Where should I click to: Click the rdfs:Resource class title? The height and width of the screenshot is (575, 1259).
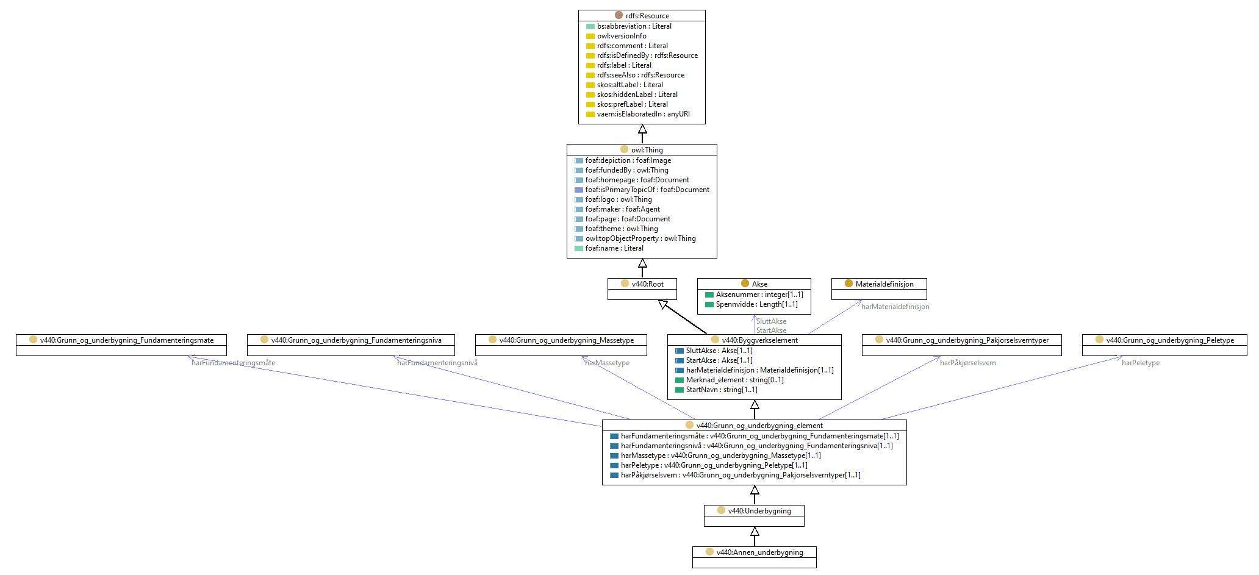647,16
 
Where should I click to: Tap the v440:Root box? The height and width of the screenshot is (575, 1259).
642,289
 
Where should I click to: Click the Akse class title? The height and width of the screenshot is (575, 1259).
759,284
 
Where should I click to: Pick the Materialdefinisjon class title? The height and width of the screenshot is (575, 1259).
884,284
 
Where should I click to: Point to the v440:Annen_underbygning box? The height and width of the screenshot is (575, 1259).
754,557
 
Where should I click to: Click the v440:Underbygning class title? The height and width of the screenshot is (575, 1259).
759,511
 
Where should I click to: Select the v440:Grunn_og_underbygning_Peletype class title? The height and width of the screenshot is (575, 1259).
1170,340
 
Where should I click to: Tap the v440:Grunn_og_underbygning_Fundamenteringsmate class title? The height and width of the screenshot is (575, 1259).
127,340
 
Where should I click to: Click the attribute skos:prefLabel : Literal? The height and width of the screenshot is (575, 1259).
632,104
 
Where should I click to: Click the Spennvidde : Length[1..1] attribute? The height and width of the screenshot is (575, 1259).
756,304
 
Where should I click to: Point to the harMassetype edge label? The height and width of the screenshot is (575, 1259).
607,363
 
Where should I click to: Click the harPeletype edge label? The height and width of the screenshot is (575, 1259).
1141,363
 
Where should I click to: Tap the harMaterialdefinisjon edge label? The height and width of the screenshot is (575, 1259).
895,307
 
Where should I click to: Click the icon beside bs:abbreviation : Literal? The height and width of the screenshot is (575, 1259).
590,26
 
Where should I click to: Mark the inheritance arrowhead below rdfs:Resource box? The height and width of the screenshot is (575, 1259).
642,129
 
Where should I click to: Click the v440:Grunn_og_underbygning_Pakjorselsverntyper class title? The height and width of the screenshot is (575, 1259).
967,340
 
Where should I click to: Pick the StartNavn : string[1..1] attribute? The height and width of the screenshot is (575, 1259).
722,390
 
